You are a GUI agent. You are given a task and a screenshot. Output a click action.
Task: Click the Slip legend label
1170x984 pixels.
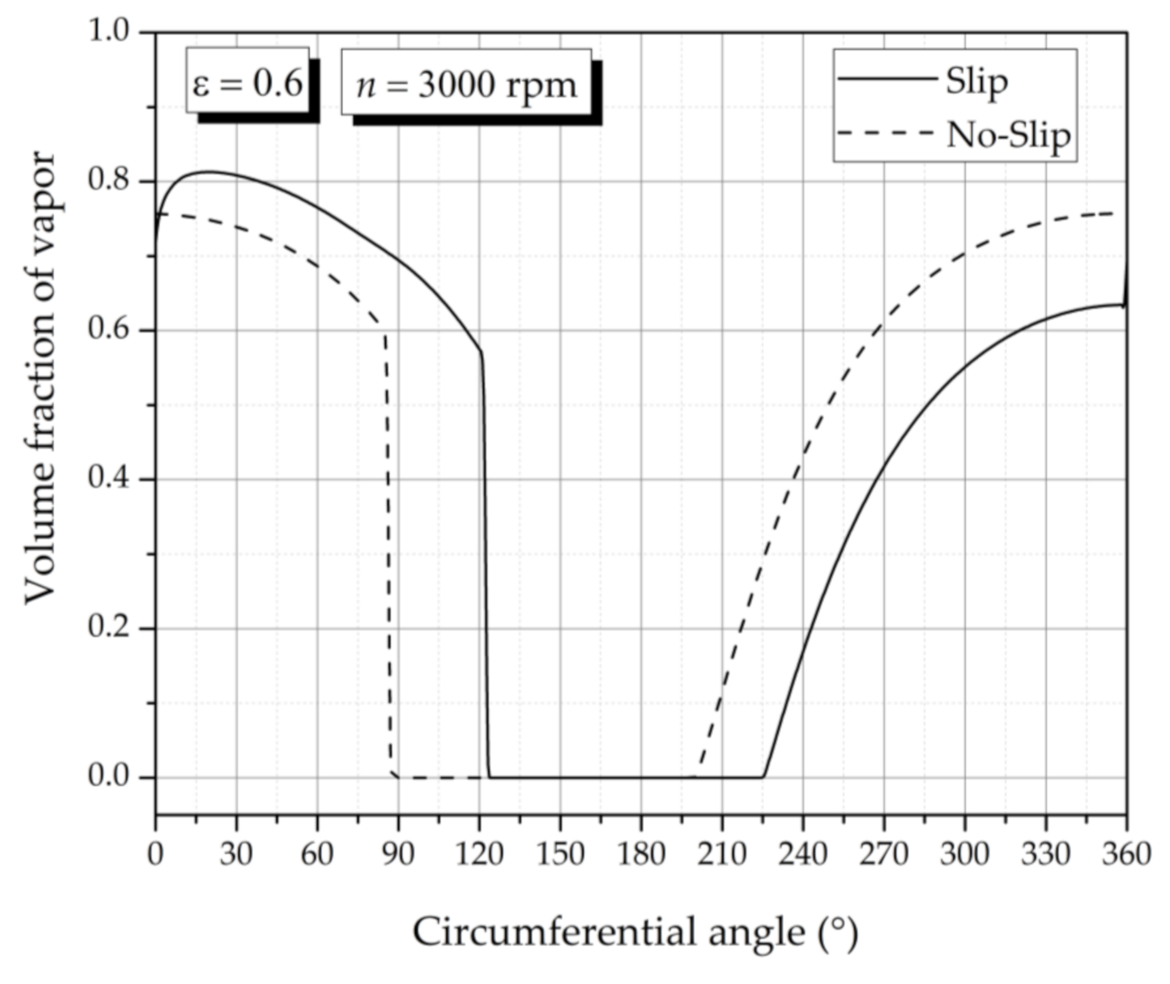[977, 82]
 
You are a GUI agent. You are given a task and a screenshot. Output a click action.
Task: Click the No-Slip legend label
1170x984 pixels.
[1008, 134]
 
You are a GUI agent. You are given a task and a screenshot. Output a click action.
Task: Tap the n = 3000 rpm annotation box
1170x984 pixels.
[466, 84]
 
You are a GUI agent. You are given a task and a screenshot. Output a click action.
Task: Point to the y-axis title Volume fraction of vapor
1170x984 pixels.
[39, 378]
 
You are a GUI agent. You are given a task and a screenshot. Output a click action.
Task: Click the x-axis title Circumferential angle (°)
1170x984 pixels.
[635, 932]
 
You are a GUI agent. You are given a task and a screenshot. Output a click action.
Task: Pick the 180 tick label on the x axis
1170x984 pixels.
[641, 852]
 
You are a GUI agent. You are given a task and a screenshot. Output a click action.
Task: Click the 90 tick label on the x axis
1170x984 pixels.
[398, 852]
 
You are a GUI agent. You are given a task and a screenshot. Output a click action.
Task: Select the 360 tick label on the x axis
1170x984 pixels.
[1126, 852]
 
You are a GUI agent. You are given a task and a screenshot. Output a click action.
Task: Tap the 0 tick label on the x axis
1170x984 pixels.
[156, 852]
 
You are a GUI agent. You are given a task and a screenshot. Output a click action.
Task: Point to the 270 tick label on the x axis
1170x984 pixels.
[883, 852]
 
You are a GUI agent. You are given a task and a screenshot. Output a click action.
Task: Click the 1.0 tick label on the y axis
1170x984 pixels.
[110, 31]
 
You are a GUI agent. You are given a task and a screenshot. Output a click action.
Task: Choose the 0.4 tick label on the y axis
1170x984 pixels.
[110, 479]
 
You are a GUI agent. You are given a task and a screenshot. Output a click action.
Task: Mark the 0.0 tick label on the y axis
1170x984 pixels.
[110, 776]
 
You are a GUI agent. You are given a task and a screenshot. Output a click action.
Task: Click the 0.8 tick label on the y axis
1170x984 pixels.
[110, 180]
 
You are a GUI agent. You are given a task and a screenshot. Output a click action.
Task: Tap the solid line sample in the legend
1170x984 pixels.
[886, 79]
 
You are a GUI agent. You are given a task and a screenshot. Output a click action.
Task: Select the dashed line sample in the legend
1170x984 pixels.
[886, 134]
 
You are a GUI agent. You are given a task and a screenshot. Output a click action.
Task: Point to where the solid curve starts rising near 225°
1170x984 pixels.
[764, 776]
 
